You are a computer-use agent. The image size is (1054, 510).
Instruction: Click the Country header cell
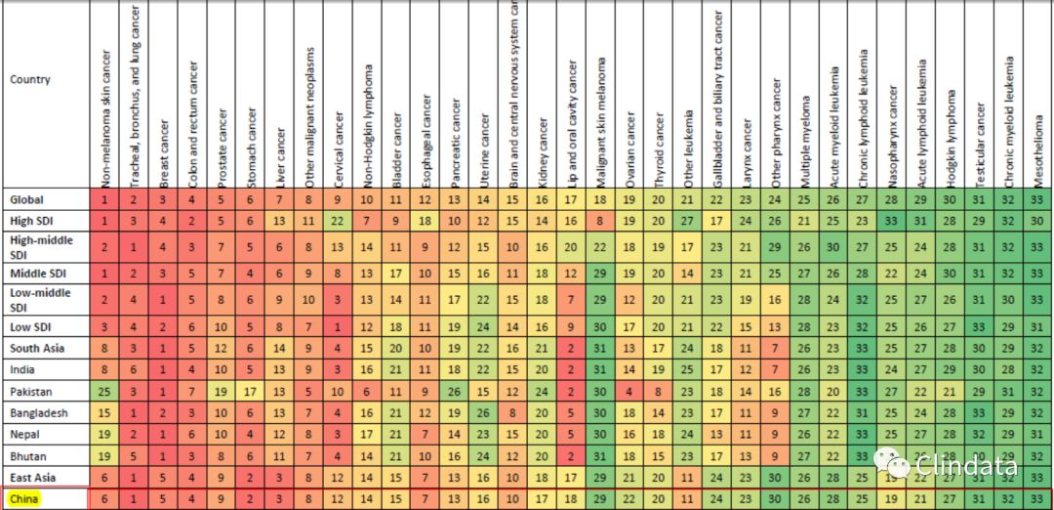(x=30, y=79)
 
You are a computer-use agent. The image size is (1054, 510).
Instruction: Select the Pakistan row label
(x=33, y=392)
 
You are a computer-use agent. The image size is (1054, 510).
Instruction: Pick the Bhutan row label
(x=29, y=456)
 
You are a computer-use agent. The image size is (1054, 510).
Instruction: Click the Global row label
(x=27, y=199)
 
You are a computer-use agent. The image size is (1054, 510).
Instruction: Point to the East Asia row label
(x=33, y=478)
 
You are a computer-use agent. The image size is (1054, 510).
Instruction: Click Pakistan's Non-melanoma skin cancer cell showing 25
(x=103, y=392)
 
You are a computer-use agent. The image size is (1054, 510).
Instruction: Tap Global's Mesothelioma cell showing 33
(x=1039, y=199)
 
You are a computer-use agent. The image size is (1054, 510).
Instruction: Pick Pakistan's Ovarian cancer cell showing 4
(x=630, y=392)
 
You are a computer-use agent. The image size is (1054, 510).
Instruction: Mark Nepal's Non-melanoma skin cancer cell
(x=103, y=435)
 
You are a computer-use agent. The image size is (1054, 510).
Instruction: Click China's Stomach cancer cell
(x=250, y=499)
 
